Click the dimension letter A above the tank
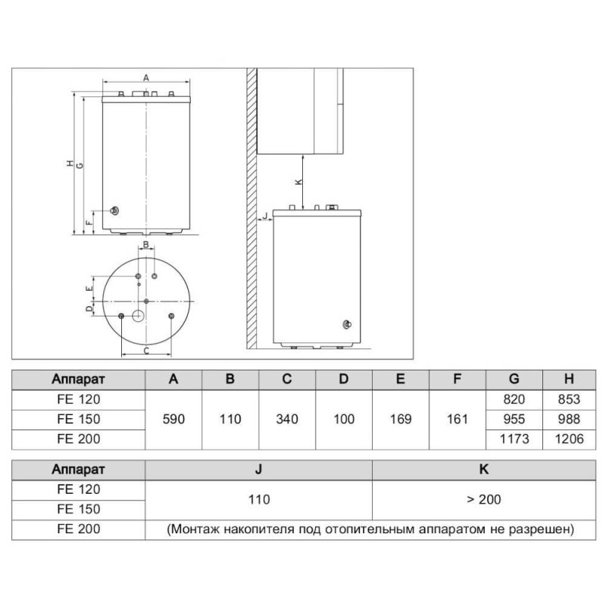pyautogui.click(x=146, y=78)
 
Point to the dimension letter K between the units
pyautogui.click(x=298, y=181)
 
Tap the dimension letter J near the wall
pyautogui.click(x=266, y=216)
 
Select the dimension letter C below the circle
pyautogui.click(x=146, y=351)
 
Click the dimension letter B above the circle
pyautogui.click(x=145, y=245)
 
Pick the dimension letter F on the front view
pyautogui.click(x=89, y=223)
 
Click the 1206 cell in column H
pyautogui.click(x=569, y=439)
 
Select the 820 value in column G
pyautogui.click(x=514, y=399)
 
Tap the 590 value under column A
pyautogui.click(x=173, y=420)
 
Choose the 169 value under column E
pyautogui.click(x=401, y=420)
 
